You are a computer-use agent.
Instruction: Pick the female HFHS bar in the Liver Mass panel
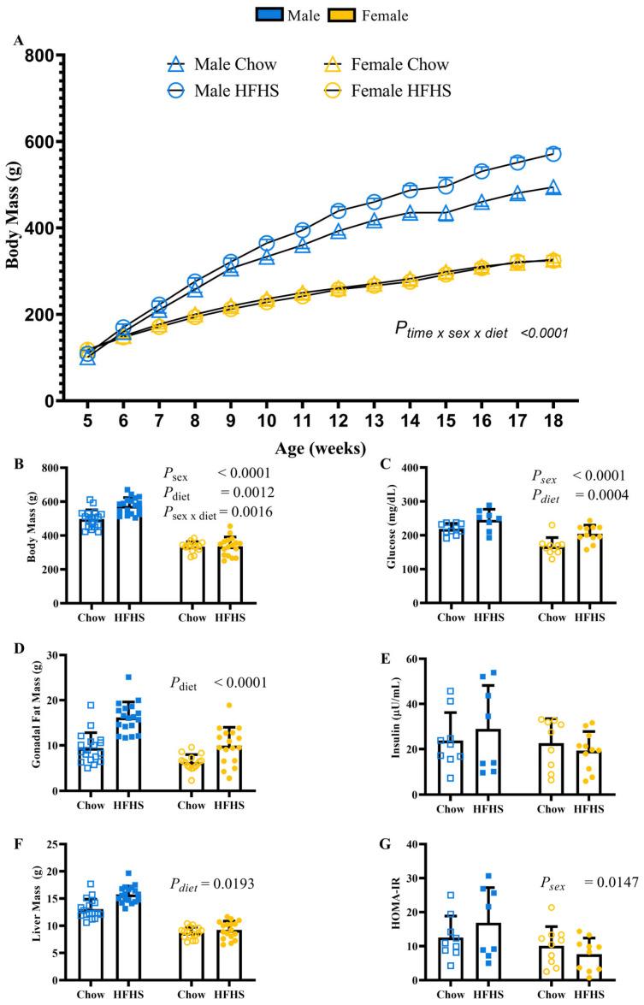click(x=229, y=955)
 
